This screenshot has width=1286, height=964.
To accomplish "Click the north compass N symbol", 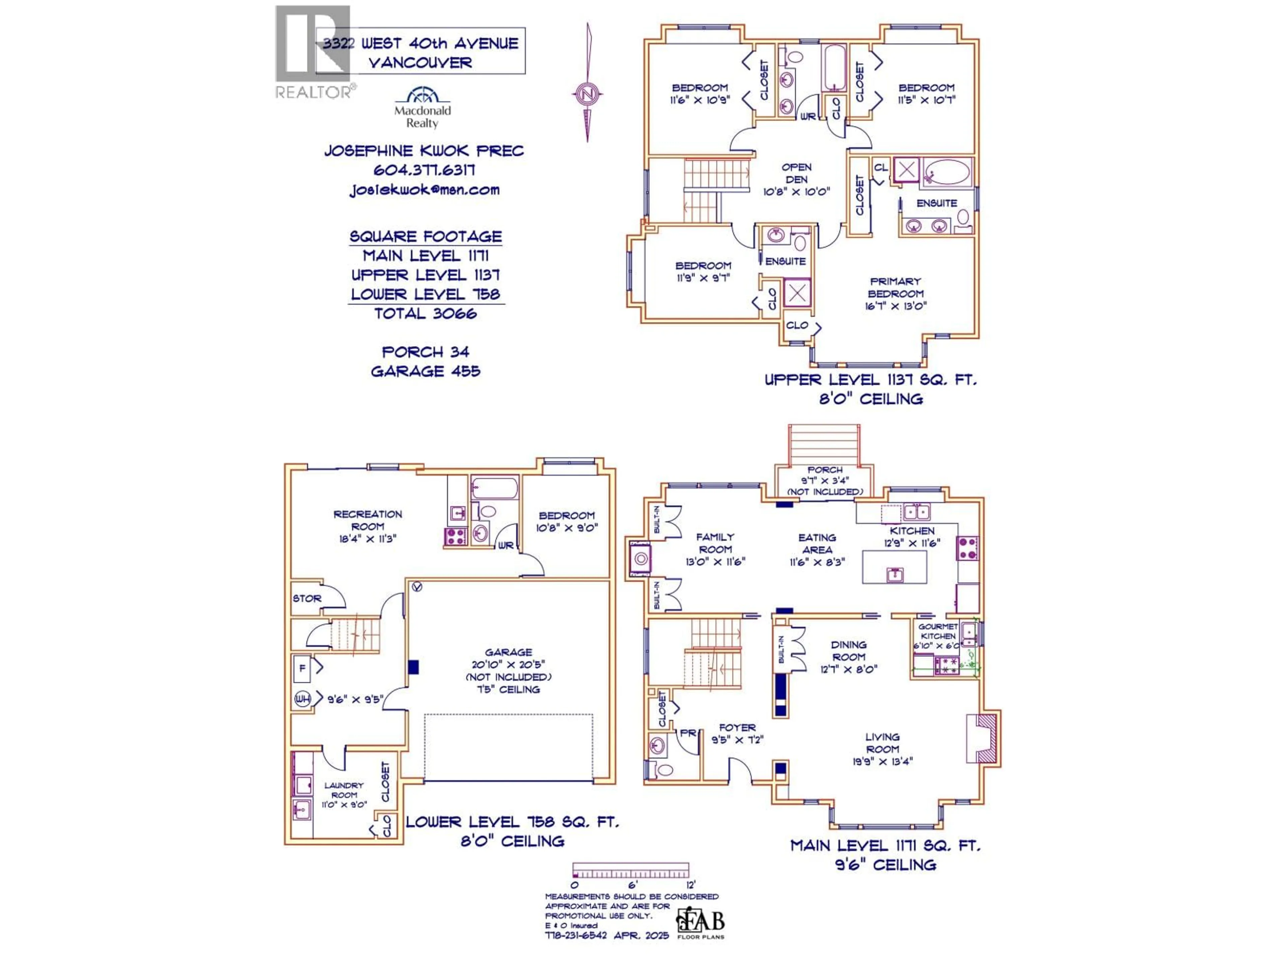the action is pos(587,93).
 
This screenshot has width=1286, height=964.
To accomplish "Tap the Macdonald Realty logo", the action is pos(422,107).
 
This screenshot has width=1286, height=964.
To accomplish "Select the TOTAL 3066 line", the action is pos(426,314).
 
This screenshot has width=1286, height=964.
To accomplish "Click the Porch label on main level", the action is pos(825,470).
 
